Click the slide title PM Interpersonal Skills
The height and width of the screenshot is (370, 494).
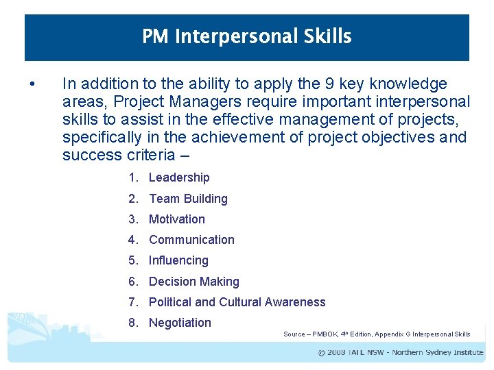pos(247,36)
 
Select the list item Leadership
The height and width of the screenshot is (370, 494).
pos(179,177)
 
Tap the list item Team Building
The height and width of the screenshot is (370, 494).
pos(188,199)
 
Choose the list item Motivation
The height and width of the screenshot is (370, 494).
pos(177,219)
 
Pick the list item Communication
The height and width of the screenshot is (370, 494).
pos(191,240)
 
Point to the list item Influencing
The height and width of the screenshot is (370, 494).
pos(178,260)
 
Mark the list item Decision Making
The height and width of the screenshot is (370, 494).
pos(194,282)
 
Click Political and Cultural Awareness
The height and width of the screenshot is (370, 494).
pos(237,302)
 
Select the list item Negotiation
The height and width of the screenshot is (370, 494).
pos(180,323)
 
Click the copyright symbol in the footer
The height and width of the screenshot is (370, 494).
pos(322,353)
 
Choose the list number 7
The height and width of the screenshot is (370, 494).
pos(132,302)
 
